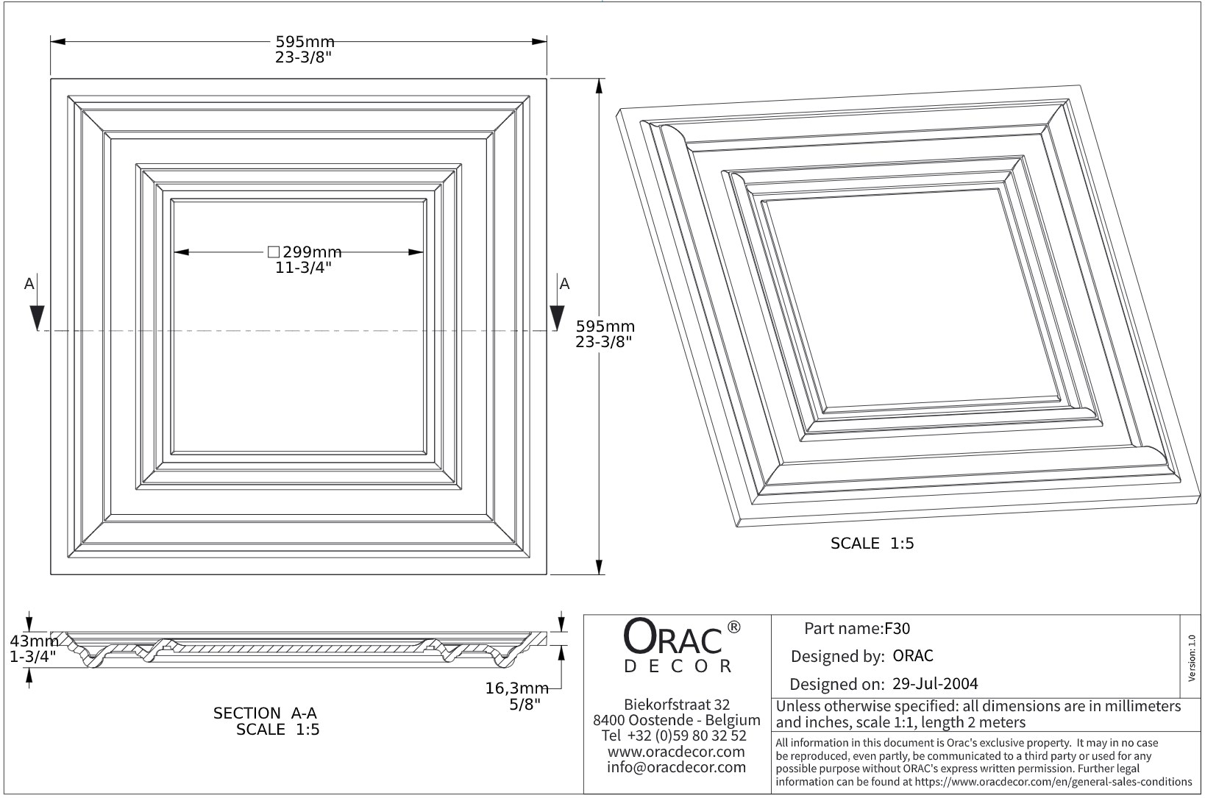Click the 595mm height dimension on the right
pos(605,326)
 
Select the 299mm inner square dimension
pos(305,252)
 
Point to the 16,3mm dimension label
pos(516,688)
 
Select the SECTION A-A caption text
pos(265,713)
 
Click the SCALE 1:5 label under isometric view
pos(872,544)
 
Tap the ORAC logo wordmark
pos(672,638)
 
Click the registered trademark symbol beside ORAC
pos(733,627)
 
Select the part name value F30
pos(897,629)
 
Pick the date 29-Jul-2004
pos(935,684)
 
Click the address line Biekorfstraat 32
pos(676,705)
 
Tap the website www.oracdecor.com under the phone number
pos(676,752)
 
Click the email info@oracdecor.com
pos(676,767)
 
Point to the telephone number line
pos(674,735)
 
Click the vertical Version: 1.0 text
pos(1192,658)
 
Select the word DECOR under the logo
pos(678,666)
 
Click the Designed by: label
pos(837,656)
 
